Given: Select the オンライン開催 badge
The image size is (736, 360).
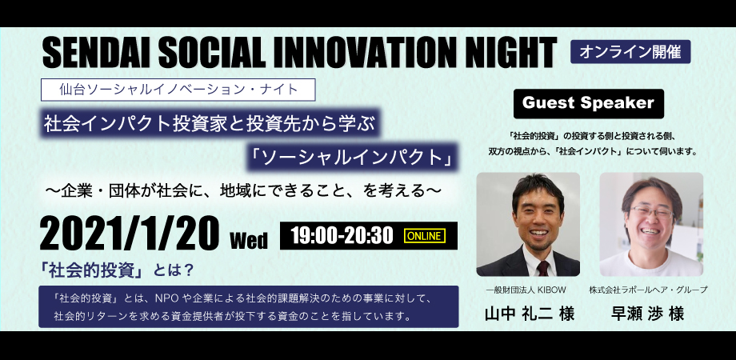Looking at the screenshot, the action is pos(630,52).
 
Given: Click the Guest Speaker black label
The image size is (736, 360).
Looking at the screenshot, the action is pos(588,103).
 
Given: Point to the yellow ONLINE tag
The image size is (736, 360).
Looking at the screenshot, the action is pos(425,236).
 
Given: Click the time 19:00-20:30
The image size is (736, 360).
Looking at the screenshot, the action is pos(342,236).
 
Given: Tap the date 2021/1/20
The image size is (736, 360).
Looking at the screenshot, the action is pos(130,234).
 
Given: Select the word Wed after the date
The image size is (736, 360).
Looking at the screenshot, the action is pos(249,240).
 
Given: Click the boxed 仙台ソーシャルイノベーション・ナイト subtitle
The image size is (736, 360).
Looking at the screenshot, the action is pos(178,90).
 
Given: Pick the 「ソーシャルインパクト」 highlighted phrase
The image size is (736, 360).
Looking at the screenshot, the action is pos(353,158).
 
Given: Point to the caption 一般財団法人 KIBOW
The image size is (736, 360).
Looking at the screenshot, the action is pos(526,290).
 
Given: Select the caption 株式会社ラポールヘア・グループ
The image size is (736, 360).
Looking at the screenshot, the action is pos(648,290).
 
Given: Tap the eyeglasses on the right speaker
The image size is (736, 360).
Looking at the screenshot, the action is pos(651,213).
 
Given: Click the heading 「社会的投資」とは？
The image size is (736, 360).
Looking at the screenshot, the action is pos(118,270).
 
